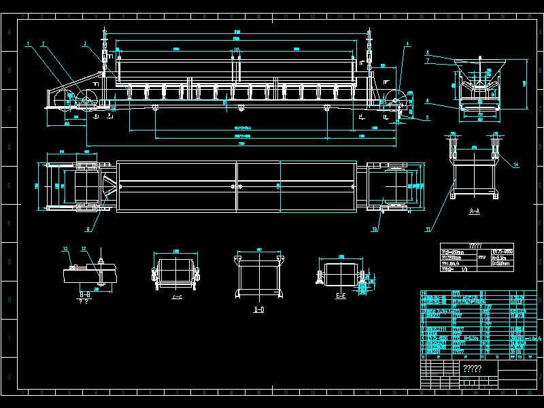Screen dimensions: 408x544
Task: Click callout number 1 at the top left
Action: coord(28,44)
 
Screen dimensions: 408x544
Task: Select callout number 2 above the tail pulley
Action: coord(43,44)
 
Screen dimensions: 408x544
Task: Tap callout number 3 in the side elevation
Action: coord(84,44)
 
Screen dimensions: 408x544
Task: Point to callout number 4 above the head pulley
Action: coord(407,44)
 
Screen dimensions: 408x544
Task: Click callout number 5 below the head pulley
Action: coord(427,117)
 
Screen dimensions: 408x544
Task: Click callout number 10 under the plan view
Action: coord(375,229)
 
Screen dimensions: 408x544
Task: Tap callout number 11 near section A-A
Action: coord(428,230)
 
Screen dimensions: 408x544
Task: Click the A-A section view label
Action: coord(475,212)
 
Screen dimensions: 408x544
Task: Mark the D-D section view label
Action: coord(258,310)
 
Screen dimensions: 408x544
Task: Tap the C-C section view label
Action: coord(177,297)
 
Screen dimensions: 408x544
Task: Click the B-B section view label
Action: coord(84,294)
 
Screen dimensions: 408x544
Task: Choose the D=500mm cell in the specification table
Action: coord(502,264)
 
